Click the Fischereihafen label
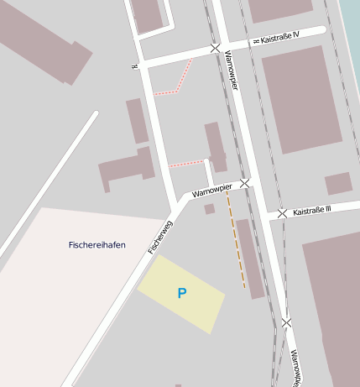[x=97, y=245]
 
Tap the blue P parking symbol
[x=181, y=293]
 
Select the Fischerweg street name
[x=159, y=238]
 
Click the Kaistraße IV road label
[x=284, y=39]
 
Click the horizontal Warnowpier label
[x=211, y=191]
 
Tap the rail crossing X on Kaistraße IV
[x=216, y=49]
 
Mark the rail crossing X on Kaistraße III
[x=282, y=213]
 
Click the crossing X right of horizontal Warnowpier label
[x=244, y=182]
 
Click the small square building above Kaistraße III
[x=338, y=183]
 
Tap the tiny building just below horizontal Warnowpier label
[x=209, y=208]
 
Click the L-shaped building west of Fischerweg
[x=126, y=170]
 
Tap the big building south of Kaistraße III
[x=332, y=302]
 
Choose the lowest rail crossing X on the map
[x=287, y=322]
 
